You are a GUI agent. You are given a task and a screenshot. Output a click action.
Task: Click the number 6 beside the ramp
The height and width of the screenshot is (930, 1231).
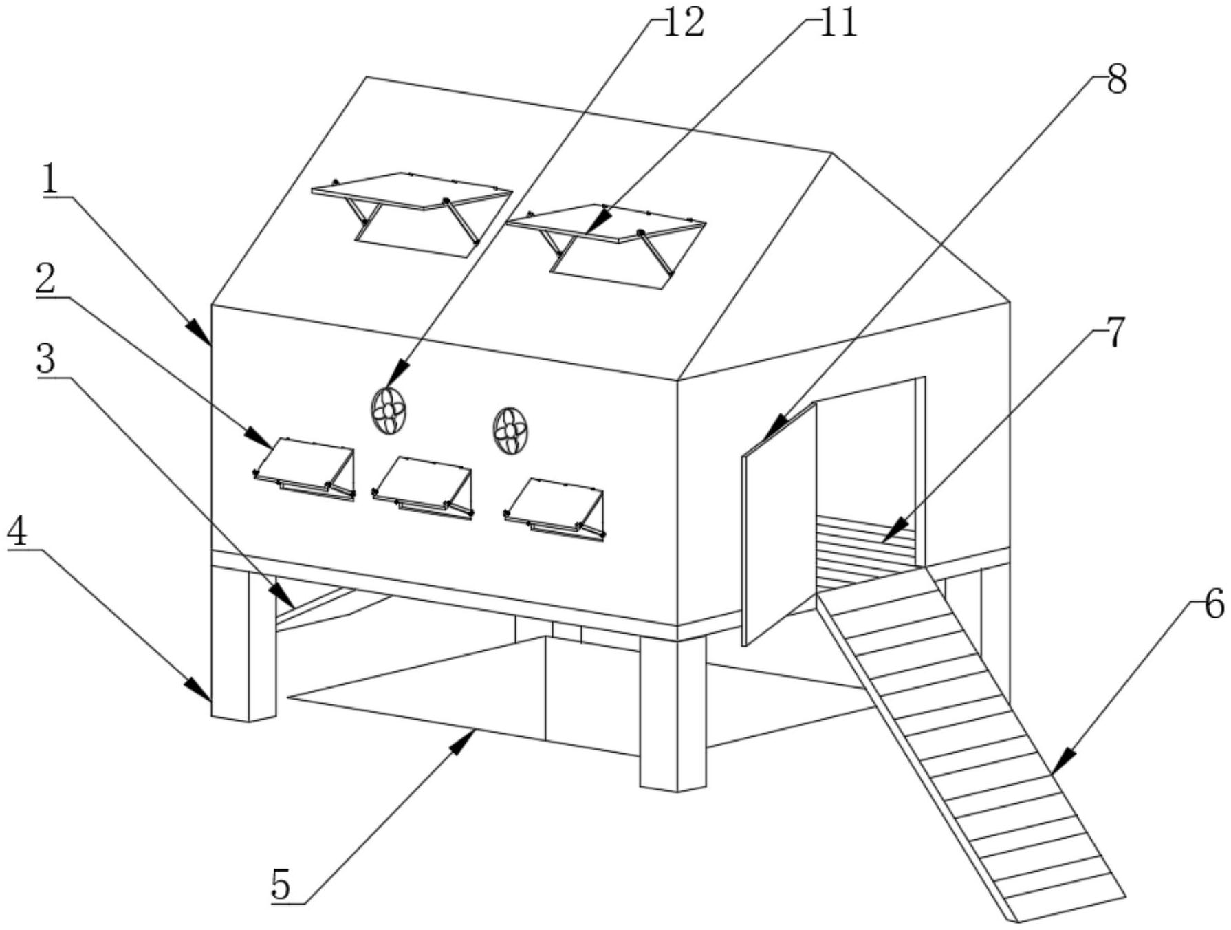1214,605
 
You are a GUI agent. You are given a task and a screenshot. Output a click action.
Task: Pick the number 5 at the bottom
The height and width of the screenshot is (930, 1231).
281,885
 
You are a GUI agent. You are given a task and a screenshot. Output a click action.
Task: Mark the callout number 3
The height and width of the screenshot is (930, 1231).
47,359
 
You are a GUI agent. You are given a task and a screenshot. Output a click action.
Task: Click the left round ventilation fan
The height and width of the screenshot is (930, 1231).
389,411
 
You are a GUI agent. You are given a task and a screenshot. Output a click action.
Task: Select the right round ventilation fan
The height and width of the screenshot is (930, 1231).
510,431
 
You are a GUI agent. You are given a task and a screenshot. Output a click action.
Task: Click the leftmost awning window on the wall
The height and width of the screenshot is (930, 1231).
304,468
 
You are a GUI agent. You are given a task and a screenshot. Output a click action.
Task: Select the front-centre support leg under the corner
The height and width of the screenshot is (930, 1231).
673,713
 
